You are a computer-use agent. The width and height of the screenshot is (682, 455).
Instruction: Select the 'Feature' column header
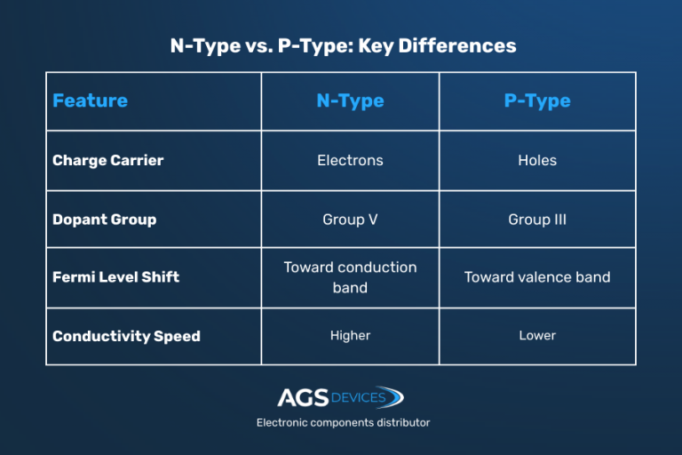pos(90,100)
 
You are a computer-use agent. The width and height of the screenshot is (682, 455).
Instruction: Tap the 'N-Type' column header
pos(350,100)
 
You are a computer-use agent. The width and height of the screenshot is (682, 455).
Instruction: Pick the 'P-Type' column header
pos(537,100)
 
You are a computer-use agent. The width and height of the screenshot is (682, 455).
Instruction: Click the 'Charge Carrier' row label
pos(108,161)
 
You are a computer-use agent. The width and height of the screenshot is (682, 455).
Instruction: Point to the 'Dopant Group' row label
pos(104,220)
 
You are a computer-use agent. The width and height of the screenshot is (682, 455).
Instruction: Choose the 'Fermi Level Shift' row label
pos(115,277)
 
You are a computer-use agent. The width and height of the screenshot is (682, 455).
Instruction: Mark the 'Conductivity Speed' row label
pos(126,336)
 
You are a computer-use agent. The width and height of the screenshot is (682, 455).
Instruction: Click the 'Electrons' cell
pos(350,161)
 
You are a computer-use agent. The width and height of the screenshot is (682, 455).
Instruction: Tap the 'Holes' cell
pos(537,161)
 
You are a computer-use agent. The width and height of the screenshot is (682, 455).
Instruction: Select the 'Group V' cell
pos(350,220)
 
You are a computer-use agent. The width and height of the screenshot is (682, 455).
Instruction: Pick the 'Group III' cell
pos(537,220)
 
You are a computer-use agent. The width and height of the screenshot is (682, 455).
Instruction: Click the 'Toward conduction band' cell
pos(350,277)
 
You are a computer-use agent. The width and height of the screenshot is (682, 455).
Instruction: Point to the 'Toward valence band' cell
pos(537,277)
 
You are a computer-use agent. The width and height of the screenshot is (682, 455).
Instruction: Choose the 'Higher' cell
pos(350,336)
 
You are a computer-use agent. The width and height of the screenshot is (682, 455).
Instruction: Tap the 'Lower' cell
pos(537,336)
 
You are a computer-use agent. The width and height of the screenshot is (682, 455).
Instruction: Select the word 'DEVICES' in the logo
pos(359,397)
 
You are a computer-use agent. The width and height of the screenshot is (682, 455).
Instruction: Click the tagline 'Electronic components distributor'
pos(343,423)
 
